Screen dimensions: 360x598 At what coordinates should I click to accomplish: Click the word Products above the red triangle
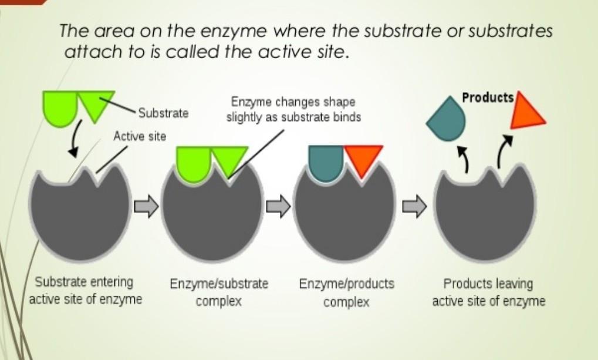[x=488, y=97]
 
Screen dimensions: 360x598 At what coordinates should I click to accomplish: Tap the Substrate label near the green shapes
[x=163, y=113]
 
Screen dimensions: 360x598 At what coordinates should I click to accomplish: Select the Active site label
[x=140, y=136]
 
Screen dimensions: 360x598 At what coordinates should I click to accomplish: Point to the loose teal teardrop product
[x=447, y=120]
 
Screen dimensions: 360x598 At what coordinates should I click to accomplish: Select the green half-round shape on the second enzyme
[x=193, y=160]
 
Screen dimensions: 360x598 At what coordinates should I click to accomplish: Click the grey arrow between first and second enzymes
[x=146, y=207]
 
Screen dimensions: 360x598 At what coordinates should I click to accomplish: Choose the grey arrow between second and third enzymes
[x=279, y=206]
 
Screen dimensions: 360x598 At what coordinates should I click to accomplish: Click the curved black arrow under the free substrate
[x=75, y=142]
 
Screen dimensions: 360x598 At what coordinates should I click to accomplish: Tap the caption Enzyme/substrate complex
[x=219, y=292]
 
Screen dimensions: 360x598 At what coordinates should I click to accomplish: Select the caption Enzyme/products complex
[x=347, y=292]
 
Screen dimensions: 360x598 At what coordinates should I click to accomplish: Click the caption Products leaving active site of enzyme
[x=488, y=292]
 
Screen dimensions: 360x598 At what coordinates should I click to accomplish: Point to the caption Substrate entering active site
[x=86, y=290]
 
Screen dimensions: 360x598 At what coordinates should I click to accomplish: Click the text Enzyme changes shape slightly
[x=293, y=110]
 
